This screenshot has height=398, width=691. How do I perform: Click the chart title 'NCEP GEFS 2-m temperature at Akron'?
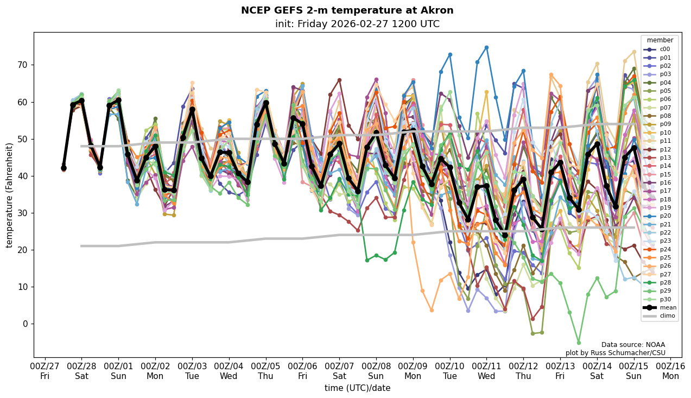pos(347,10)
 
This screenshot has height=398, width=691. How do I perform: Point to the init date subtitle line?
pos(357,24)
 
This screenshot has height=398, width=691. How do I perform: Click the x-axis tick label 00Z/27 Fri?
pos(45,371)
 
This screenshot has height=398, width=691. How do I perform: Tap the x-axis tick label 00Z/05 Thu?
pos(266,371)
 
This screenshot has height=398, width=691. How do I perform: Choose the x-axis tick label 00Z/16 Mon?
pos(670,371)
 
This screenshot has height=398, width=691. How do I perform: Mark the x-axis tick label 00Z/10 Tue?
pos(450,371)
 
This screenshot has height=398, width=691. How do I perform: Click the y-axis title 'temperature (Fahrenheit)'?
pos(10,195)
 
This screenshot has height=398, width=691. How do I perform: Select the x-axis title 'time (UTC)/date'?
pos(357,388)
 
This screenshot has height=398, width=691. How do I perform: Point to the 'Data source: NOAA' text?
pos(633,345)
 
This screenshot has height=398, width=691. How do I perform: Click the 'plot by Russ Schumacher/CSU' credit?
pos(615,353)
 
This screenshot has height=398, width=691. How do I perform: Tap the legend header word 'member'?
pos(660,40)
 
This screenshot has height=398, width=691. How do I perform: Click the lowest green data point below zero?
pos(579,343)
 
